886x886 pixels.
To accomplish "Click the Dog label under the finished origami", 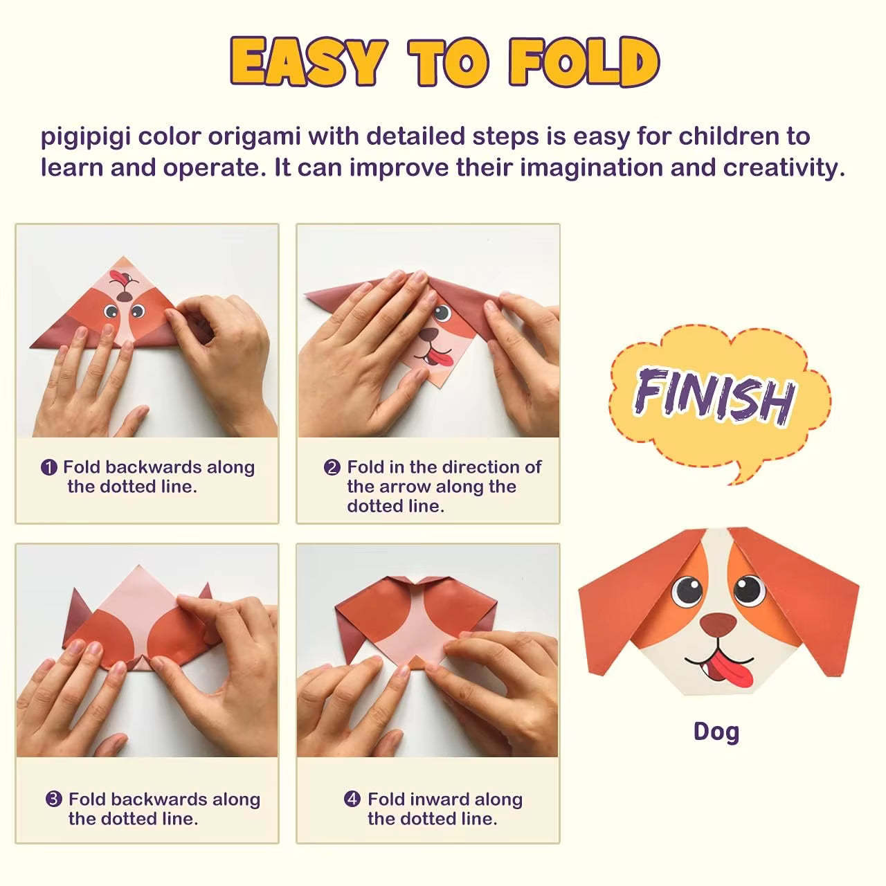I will [x=716, y=732].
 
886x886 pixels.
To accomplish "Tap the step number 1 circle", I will [x=49, y=468].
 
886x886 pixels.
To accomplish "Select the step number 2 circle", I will [x=332, y=468].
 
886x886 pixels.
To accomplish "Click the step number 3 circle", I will [x=54, y=799].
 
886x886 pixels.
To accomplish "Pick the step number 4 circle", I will [x=352, y=799].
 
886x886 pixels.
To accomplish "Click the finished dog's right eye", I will [x=748, y=590].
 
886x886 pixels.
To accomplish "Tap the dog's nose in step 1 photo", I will [x=125, y=296].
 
